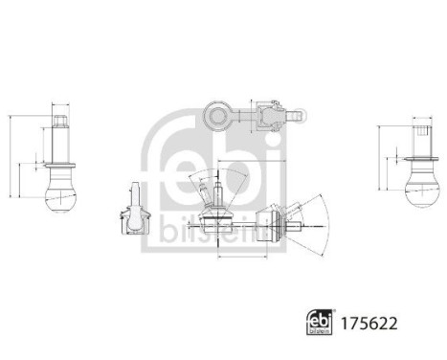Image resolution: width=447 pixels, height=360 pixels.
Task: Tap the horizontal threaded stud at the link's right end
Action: pos(301,225)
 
